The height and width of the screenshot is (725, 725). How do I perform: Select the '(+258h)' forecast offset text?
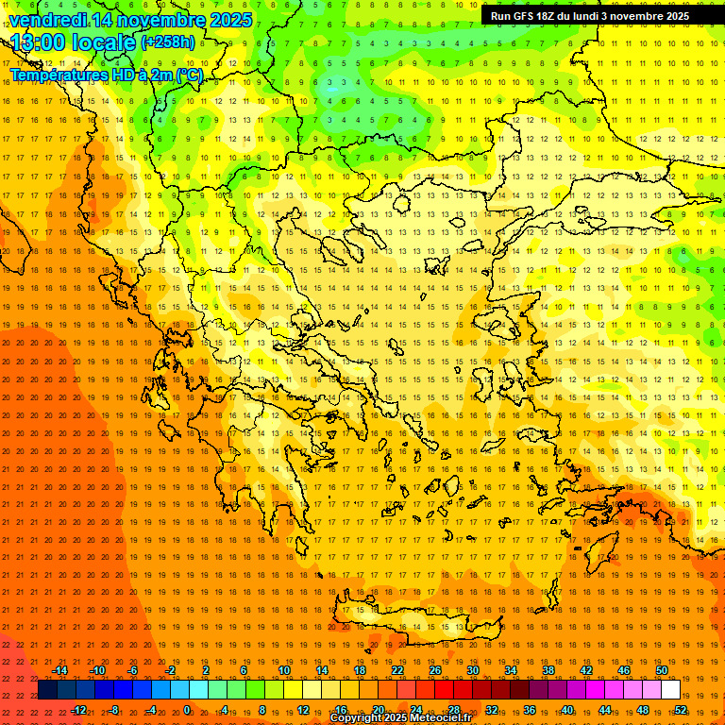(168, 42)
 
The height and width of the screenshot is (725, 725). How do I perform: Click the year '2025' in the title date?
(230, 20)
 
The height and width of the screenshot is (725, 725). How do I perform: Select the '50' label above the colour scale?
(662, 670)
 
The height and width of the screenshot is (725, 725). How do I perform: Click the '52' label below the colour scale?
(681, 710)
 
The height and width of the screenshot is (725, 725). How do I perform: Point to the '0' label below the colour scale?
(187, 710)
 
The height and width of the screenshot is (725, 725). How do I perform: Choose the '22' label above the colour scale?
(397, 670)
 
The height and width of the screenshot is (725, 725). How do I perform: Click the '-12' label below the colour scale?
(78, 710)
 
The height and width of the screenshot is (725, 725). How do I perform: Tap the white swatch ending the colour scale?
(671, 690)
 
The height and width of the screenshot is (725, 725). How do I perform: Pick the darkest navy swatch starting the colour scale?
(47, 690)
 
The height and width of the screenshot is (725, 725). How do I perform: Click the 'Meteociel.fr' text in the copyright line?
(440, 718)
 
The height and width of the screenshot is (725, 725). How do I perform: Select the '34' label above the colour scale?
(511, 670)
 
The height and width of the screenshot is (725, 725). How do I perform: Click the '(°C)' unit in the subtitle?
(189, 74)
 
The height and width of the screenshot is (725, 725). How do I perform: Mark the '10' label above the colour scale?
(284, 670)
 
